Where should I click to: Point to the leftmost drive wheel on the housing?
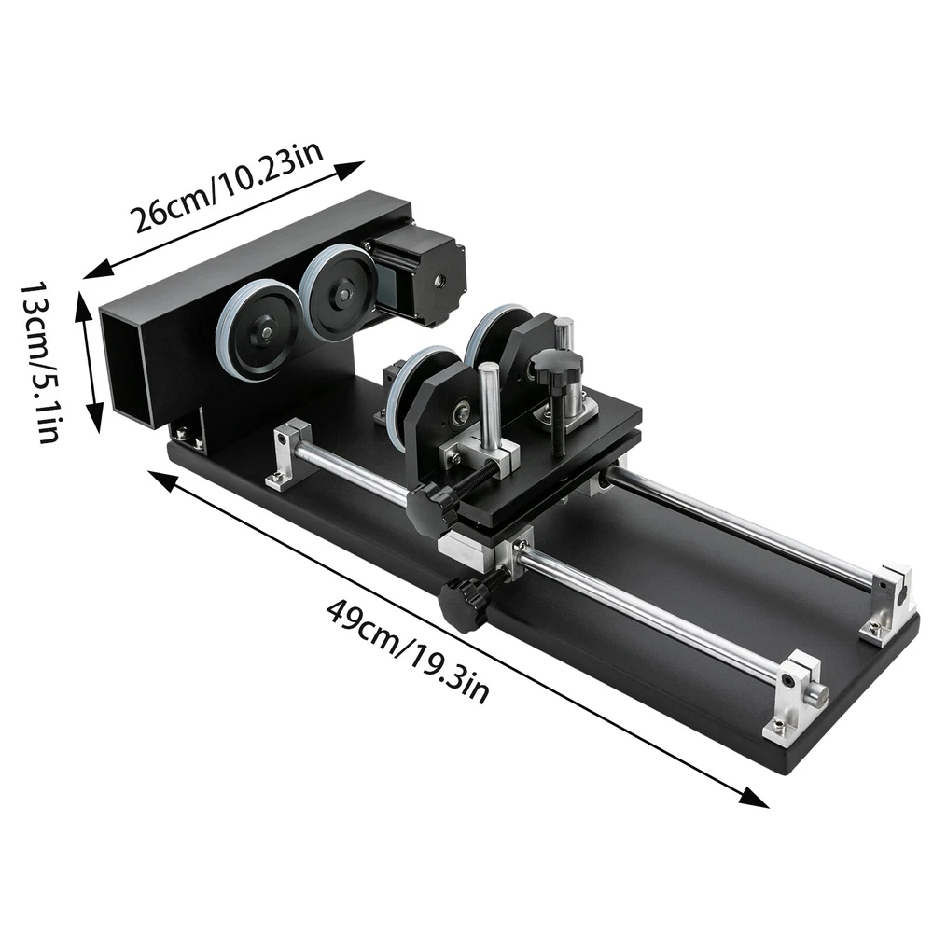tap(258, 331)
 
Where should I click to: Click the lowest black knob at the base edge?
tap(464, 604)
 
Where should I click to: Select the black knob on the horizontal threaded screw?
tap(433, 505)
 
